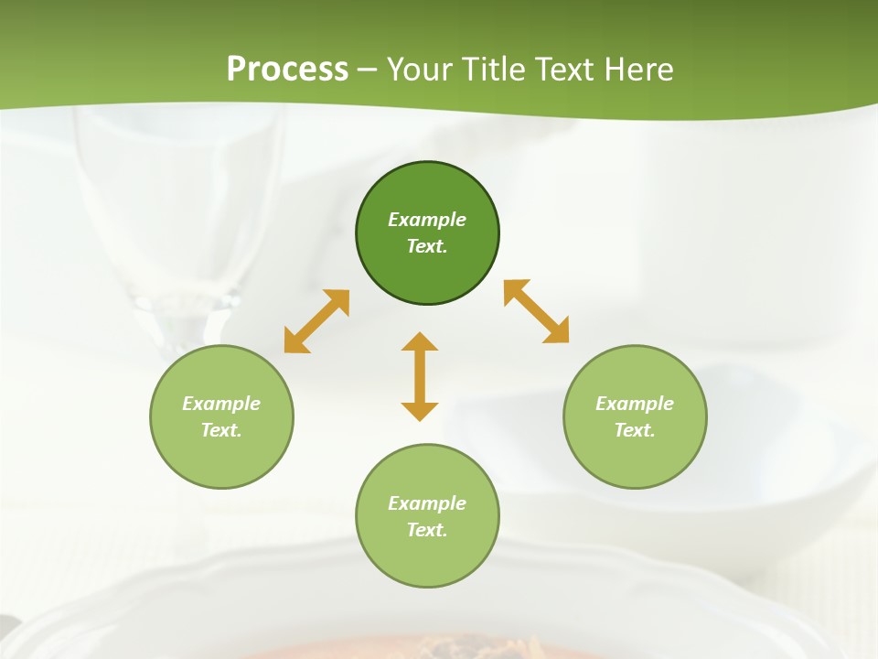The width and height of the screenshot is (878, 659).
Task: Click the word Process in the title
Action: tap(287, 70)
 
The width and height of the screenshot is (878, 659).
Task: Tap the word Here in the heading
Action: tap(639, 70)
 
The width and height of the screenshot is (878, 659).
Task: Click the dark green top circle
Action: tap(427, 233)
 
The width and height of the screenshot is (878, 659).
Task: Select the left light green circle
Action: tap(221, 416)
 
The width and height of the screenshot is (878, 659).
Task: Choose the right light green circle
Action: tap(635, 416)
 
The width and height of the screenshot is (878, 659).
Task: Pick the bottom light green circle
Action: tap(427, 516)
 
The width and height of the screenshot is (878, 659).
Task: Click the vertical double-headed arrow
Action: tap(420, 376)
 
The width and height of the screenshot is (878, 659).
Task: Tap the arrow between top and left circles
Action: tap(316, 321)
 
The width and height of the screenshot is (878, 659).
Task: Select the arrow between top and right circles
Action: tap(537, 311)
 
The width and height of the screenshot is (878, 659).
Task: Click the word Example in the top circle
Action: tap(427, 220)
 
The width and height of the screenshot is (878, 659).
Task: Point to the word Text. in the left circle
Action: tap(221, 430)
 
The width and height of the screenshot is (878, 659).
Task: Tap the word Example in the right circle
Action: tap(635, 404)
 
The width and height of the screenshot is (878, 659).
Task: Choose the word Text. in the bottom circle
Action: tap(427, 530)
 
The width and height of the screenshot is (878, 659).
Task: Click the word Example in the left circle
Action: tap(221, 404)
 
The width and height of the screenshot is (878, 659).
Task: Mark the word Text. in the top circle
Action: tap(427, 246)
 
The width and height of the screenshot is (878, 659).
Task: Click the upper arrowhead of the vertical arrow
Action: tap(420, 343)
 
